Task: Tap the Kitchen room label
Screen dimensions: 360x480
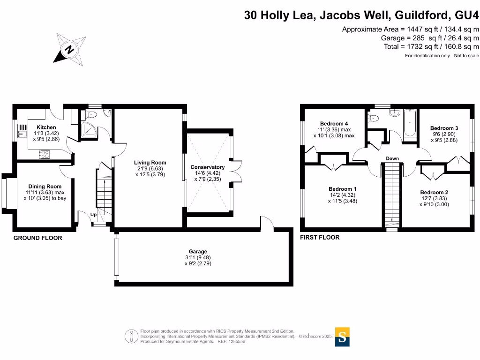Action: point(46,127)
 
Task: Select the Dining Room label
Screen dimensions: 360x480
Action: point(45,187)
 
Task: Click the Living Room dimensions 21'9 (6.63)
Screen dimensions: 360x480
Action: point(150,169)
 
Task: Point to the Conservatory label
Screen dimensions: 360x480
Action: point(207,167)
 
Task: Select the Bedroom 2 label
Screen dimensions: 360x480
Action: point(434,192)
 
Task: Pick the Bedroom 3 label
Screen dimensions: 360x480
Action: point(444,128)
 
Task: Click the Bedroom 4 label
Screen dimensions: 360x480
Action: point(334,124)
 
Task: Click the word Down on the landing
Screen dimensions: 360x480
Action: point(392,158)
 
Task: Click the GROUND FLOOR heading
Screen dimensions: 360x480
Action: point(37,238)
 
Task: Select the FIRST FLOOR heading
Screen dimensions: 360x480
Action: point(320,238)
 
